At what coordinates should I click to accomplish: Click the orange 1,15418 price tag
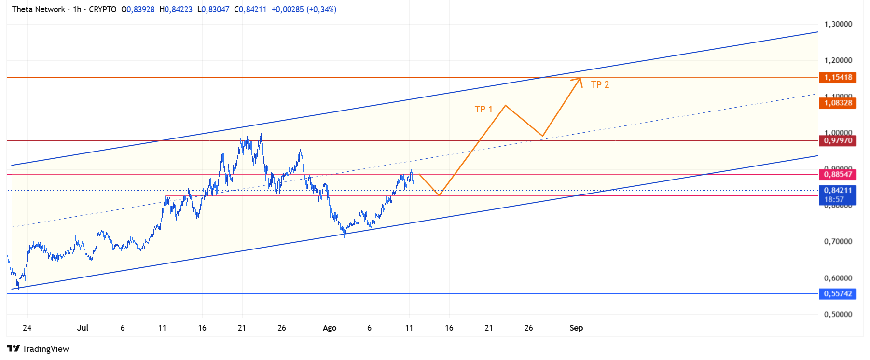[838, 77]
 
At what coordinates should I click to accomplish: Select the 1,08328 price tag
[838, 103]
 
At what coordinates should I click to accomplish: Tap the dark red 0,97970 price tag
[838, 140]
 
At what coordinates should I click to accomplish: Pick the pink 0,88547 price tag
[838, 174]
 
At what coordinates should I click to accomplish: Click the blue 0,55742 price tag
[838, 293]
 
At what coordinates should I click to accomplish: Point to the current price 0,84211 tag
[838, 191]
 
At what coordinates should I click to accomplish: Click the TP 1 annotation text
[483, 110]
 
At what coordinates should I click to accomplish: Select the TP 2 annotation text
[600, 85]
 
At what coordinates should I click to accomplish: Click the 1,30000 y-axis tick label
[838, 24]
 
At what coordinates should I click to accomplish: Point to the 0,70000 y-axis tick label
[838, 241]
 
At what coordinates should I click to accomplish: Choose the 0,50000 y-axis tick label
[838, 314]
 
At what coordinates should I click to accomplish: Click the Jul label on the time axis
[83, 328]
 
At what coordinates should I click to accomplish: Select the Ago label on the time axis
[330, 328]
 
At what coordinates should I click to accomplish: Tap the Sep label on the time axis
[576, 328]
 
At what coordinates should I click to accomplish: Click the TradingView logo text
[45, 349]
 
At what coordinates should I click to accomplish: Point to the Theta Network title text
[39, 9]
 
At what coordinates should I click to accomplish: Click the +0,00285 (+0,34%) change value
[304, 9]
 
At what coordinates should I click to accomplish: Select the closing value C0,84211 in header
[250, 9]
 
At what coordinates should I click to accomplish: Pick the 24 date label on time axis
[27, 328]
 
